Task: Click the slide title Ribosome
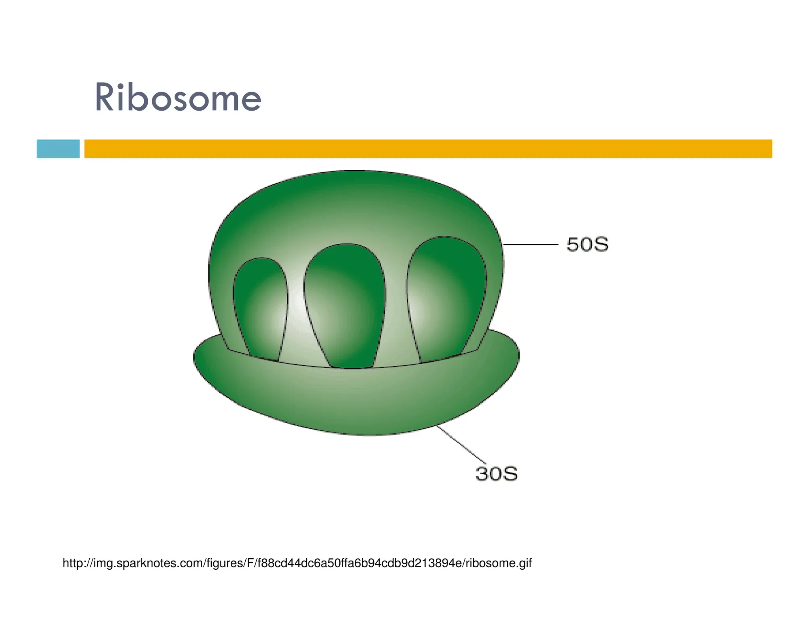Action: click(178, 98)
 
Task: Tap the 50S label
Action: click(587, 245)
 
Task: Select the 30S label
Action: click(497, 474)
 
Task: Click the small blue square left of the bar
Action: click(58, 149)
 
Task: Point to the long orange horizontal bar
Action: click(428, 149)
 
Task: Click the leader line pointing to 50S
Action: click(531, 245)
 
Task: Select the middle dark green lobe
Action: click(346, 304)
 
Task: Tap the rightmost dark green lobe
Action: click(446, 296)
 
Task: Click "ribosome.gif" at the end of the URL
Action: click(499, 563)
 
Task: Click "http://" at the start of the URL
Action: click(77, 563)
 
